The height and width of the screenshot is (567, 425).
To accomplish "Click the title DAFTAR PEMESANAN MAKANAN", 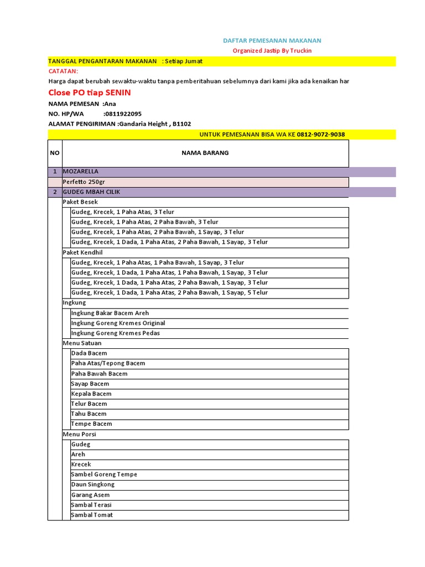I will [272, 40].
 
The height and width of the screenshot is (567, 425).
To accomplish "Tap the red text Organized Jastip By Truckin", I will [272, 50].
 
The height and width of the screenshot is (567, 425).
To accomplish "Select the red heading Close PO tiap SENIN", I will [90, 92].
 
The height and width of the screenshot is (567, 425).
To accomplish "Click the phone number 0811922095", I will [122, 114].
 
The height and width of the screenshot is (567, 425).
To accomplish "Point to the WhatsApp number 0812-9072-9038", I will [321, 135].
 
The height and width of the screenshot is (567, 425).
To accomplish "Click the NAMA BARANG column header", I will [205, 153].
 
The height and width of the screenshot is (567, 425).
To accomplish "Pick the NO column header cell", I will [55, 153].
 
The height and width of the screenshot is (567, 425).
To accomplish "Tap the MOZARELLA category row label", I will [81, 172].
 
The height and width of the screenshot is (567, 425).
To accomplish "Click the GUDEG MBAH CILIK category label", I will [91, 192].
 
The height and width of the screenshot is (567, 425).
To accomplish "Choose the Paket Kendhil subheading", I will [82, 252].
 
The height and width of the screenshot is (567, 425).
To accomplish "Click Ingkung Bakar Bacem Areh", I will [110, 313].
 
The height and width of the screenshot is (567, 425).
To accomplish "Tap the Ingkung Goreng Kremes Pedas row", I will [116, 333].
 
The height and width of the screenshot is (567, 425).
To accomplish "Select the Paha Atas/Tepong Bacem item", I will [108, 363].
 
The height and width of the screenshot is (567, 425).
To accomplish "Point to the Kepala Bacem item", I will [91, 394].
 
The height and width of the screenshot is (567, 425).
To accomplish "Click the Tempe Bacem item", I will [91, 424].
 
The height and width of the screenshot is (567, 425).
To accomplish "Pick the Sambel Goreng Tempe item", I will [104, 475].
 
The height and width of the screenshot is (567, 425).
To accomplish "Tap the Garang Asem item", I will [90, 495].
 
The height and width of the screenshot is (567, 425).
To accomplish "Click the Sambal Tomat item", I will [92, 515].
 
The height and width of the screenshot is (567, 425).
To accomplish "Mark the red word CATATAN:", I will [64, 71].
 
